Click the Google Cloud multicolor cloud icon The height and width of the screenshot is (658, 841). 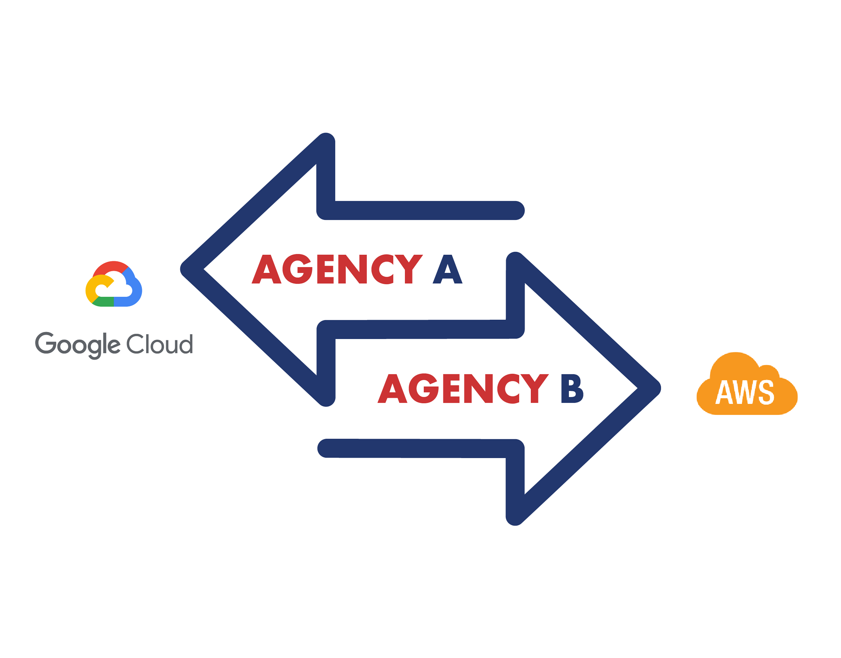pos(114,284)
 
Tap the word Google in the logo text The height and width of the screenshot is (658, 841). pos(77,344)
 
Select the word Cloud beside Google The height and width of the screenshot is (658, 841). pos(159,344)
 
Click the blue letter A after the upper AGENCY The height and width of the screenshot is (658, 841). pos(447,269)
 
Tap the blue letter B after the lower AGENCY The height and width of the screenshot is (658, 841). pos(572,389)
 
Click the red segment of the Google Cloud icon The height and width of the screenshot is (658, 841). pos(112,267)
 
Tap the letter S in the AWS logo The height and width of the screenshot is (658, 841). pos(766,393)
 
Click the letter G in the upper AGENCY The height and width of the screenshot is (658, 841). pos(298,269)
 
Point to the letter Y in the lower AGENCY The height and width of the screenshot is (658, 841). pos(534,389)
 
